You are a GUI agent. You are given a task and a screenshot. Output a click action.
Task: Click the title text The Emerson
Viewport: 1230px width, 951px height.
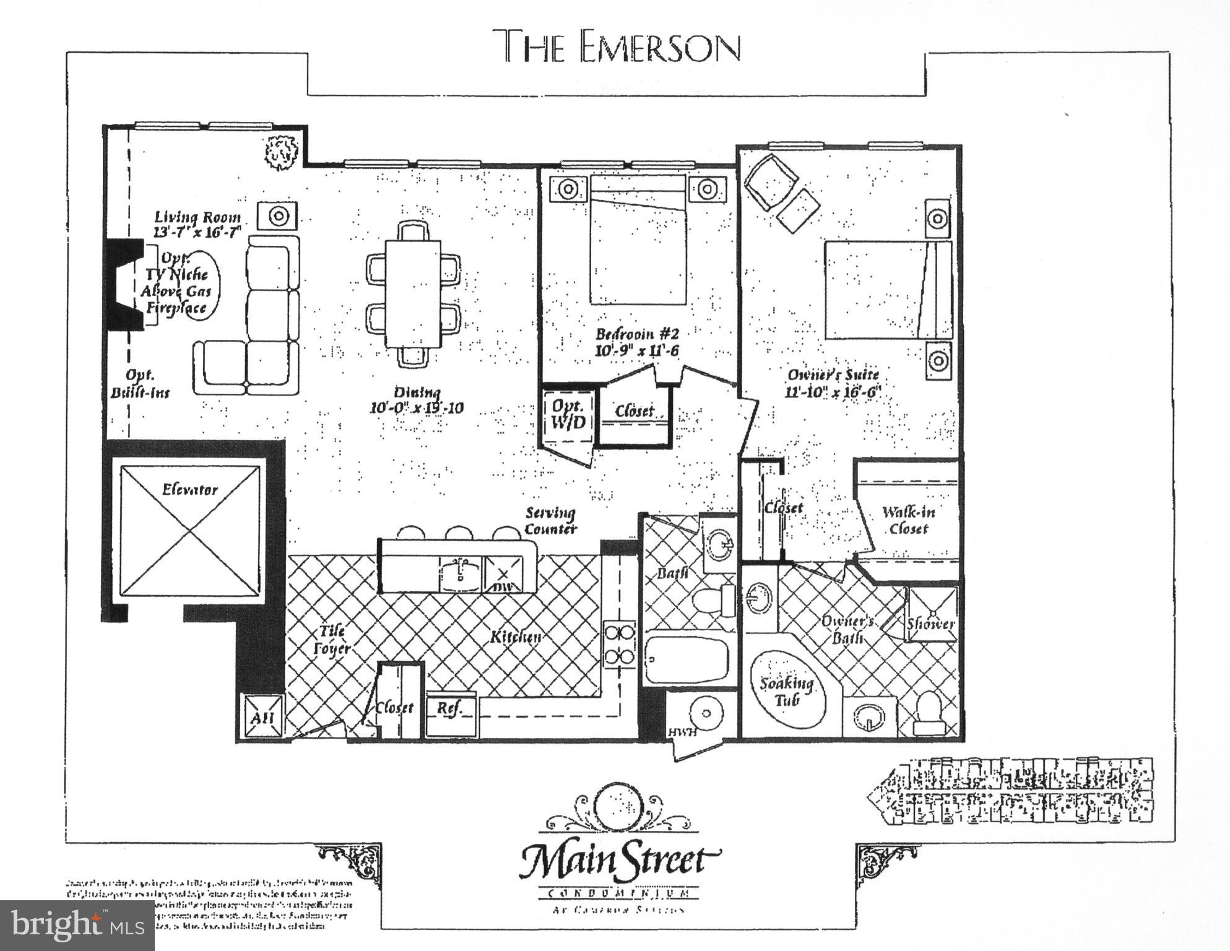click(620, 46)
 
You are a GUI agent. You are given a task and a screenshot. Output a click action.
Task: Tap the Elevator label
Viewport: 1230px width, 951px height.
click(189, 490)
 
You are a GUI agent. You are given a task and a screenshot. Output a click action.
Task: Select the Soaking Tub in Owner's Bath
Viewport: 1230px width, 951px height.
click(787, 690)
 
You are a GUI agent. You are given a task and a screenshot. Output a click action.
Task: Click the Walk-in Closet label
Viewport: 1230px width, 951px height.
click(908, 520)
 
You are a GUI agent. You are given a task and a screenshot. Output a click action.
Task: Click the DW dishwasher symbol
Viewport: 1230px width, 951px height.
click(503, 575)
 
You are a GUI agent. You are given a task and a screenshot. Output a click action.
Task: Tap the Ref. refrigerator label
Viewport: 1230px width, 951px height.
click(449, 709)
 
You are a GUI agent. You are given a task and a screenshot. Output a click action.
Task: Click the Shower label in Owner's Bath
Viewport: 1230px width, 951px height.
click(930, 623)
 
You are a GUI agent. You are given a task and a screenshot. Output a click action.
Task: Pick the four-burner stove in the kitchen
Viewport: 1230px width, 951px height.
click(620, 644)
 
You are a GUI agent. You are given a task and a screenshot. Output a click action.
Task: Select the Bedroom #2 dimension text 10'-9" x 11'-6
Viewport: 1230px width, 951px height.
click(636, 351)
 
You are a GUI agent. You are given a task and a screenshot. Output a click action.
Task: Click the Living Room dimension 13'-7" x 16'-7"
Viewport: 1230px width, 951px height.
click(197, 232)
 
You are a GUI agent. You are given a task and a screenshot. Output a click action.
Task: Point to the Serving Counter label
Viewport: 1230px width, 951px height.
click(550, 520)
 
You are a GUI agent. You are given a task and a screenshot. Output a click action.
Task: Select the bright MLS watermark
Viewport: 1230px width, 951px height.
click(77, 926)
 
